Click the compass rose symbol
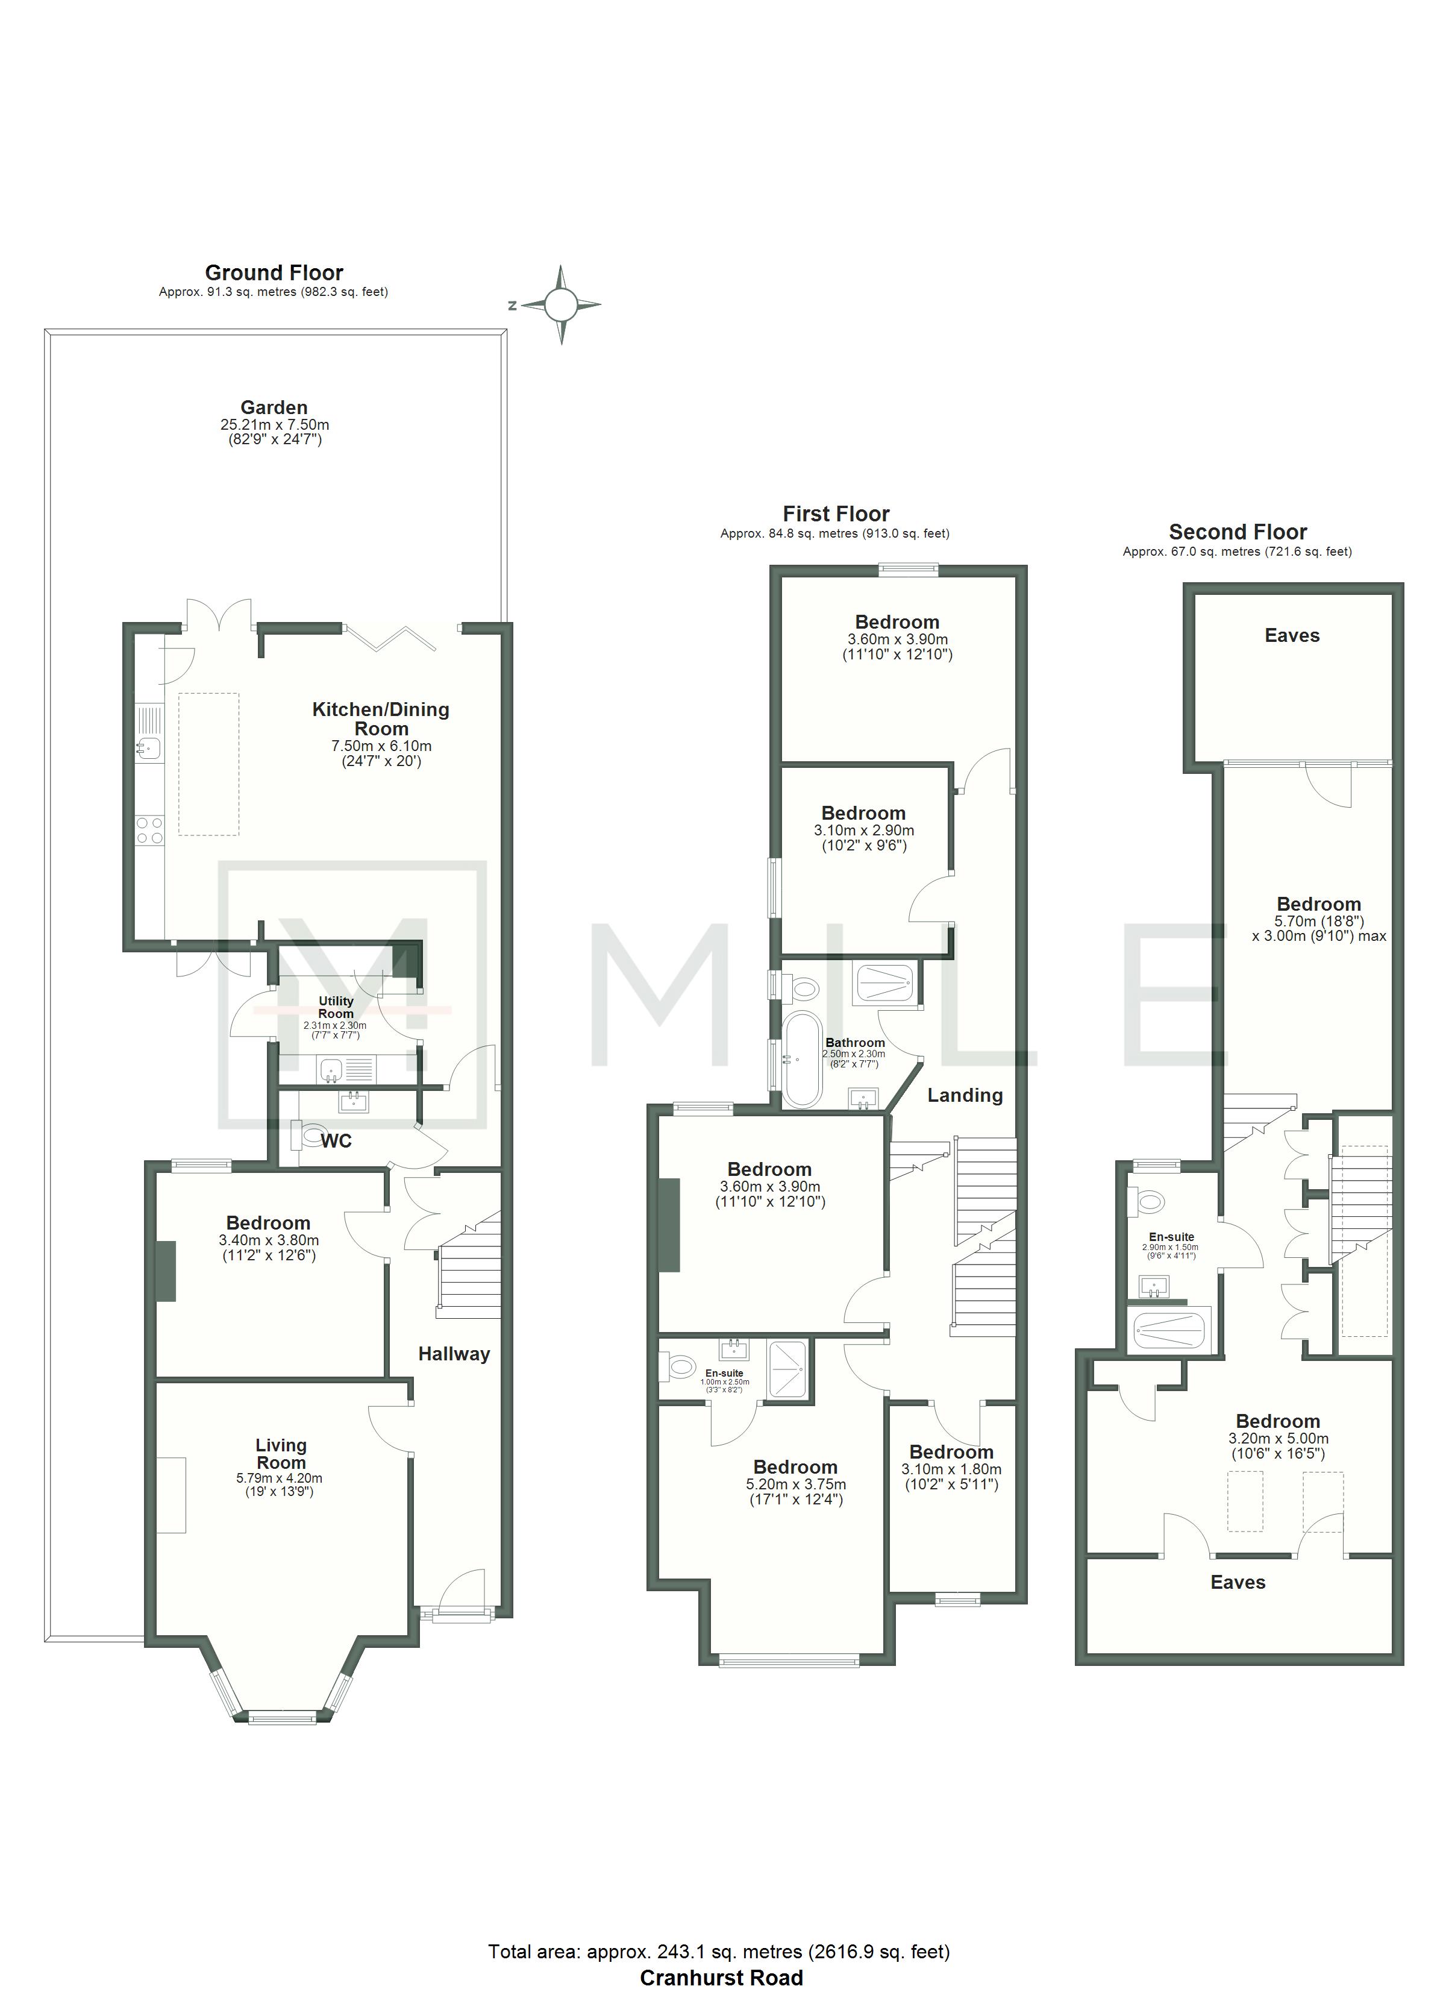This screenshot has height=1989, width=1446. (x=561, y=305)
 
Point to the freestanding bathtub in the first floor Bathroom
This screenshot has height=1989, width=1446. (x=800, y=1060)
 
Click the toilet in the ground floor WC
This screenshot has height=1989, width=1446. (x=310, y=1137)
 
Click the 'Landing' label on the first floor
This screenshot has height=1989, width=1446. (x=965, y=1095)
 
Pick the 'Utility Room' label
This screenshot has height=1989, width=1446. (x=336, y=1007)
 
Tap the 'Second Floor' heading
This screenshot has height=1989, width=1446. (x=1238, y=532)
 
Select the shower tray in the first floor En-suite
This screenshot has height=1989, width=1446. (x=790, y=1370)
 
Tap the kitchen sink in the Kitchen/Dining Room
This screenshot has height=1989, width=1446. (x=148, y=748)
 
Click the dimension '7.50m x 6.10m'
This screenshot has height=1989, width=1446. (x=381, y=746)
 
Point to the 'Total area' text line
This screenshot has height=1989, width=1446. (x=719, y=1951)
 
